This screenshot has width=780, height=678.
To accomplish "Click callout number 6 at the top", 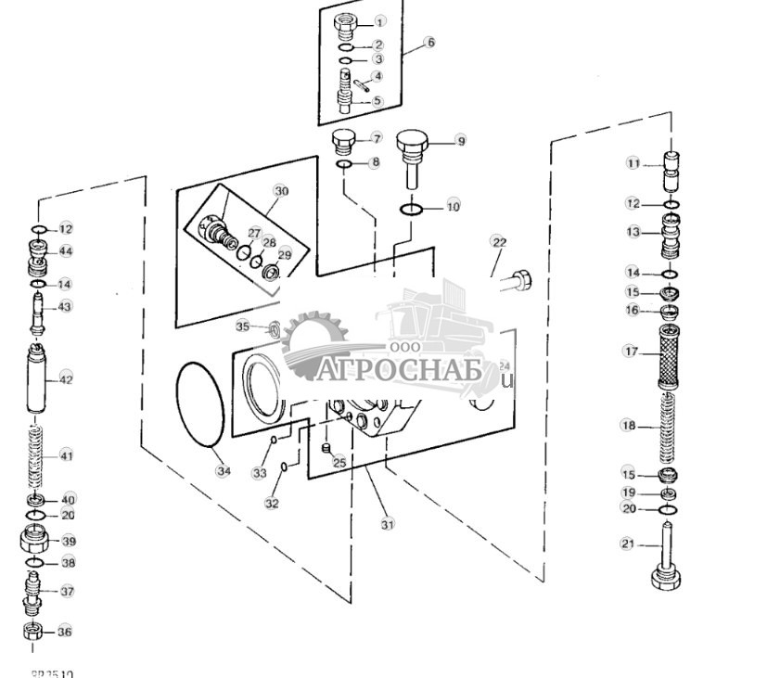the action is click(429, 42).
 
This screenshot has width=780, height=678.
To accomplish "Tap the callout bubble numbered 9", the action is click(460, 141).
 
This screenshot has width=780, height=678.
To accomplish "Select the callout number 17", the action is click(631, 352).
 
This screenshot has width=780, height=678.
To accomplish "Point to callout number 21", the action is click(628, 544).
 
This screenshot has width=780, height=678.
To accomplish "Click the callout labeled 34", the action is click(224, 470).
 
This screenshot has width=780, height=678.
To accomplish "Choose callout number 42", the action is click(66, 379).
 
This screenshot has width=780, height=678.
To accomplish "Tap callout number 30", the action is click(281, 191).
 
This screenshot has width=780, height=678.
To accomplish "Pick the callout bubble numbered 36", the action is click(64, 632).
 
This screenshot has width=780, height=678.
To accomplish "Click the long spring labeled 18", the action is click(667, 427).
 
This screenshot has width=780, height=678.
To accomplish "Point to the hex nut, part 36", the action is click(32, 633).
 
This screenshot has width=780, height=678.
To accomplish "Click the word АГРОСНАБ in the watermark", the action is click(400, 370).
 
